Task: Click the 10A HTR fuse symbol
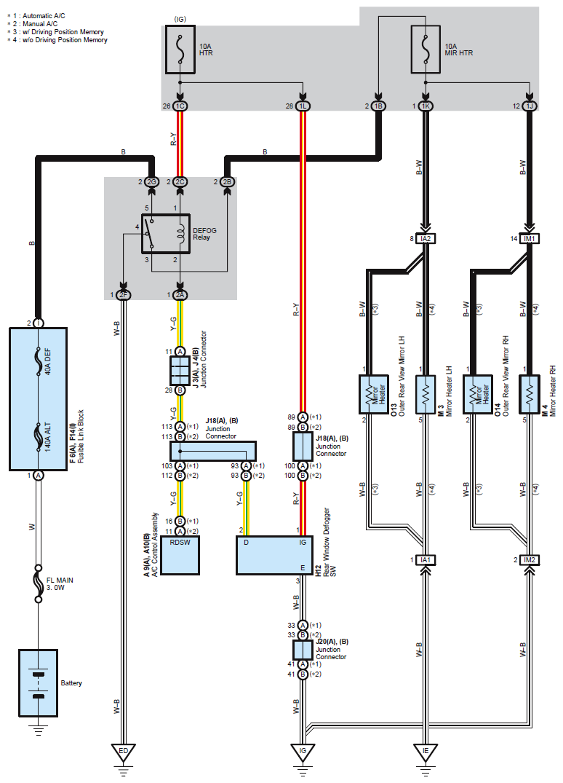click(180, 50)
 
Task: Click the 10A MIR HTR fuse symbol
click(426, 50)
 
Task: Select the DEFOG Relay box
click(166, 234)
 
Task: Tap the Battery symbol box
click(39, 683)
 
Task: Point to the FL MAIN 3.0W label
click(60, 583)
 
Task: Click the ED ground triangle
click(123, 752)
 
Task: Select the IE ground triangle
click(426, 752)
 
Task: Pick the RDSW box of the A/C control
click(180, 556)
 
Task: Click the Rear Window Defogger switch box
click(273, 556)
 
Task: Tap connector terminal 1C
click(180, 106)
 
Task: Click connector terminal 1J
click(529, 106)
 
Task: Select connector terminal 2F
click(123, 295)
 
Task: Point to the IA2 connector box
click(426, 239)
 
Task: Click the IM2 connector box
click(529, 560)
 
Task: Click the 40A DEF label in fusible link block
click(48, 361)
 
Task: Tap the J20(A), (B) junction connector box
click(303, 650)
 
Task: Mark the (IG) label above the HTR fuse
click(180, 19)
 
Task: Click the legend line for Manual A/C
click(33, 23)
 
